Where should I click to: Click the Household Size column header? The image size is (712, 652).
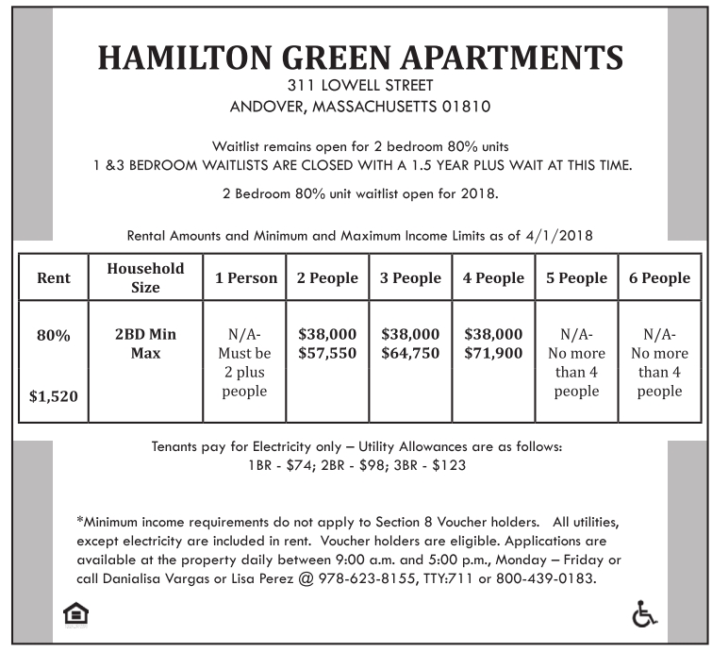[x=145, y=277]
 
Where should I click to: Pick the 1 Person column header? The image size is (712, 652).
[x=245, y=277]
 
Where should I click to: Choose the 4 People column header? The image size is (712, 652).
[x=493, y=277]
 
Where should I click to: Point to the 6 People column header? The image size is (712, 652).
[x=659, y=277]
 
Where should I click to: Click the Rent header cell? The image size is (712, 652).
[x=54, y=278]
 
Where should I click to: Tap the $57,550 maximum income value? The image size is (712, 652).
[x=327, y=353]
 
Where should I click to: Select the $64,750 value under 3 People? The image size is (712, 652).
[x=410, y=353]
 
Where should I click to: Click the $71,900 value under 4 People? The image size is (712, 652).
[x=493, y=353]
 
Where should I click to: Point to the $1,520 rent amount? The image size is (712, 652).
[x=54, y=397]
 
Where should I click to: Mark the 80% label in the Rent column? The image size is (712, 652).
[x=54, y=335]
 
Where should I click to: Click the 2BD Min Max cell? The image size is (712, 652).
[x=145, y=343]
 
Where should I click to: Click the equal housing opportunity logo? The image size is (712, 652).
[x=75, y=615]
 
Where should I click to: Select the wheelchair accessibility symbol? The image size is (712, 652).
[x=643, y=614]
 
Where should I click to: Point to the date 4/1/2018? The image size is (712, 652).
[x=561, y=235]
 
